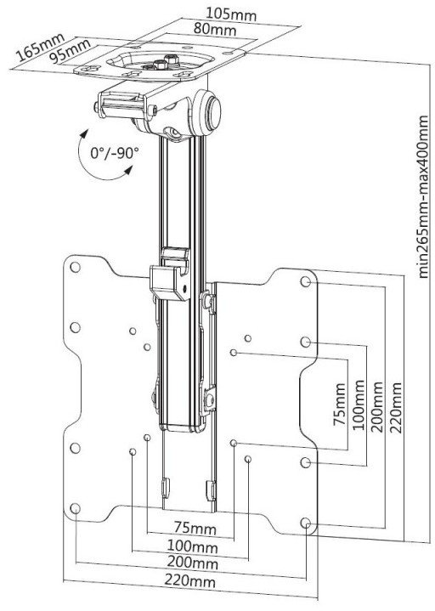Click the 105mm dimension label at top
point(231,14)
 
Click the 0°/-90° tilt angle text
point(115,153)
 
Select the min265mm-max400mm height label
point(423,197)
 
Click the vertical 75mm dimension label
point(340,405)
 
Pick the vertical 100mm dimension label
point(359,405)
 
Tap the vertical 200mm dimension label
point(377,407)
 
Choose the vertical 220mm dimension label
point(396,408)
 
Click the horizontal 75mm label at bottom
point(195,529)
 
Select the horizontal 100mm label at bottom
point(192,546)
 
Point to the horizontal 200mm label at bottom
point(192,563)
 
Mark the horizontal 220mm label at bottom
point(189,581)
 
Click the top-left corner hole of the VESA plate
point(75,268)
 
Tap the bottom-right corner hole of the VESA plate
point(306,523)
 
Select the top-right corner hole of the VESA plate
point(306,281)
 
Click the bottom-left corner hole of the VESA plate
point(75,508)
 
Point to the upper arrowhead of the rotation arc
point(82,135)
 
